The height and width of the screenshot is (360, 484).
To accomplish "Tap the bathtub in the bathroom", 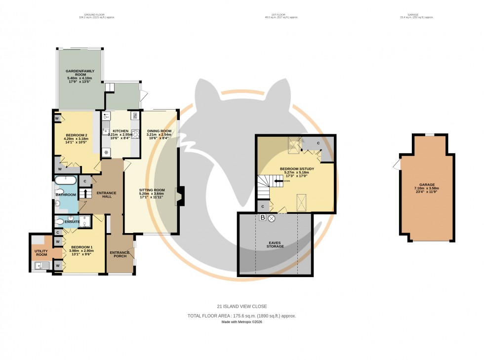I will click(66, 180).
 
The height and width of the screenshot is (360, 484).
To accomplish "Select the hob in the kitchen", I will click(134, 132).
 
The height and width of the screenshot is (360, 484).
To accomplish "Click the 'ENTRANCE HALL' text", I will click(106, 194).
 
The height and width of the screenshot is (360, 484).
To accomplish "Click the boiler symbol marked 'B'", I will click(263, 217).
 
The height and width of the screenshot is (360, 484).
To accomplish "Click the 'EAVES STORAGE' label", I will click(275, 244).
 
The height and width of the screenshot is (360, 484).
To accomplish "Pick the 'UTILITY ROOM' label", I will click(40, 253).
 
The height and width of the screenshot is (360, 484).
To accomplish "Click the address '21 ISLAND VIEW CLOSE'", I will click(242, 306).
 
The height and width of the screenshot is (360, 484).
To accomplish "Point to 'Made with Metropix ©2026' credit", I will click(242, 322).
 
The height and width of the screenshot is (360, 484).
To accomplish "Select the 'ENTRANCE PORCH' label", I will click(120, 254).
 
